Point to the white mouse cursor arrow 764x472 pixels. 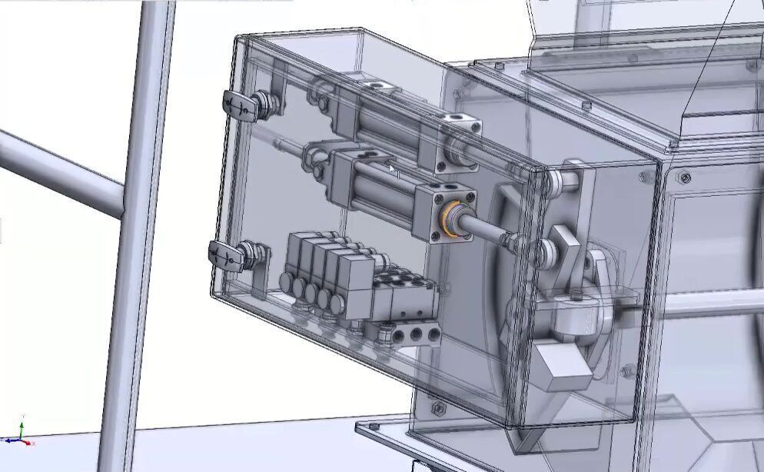click(x=393, y=170)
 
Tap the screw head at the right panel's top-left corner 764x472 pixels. click(x=683, y=179)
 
